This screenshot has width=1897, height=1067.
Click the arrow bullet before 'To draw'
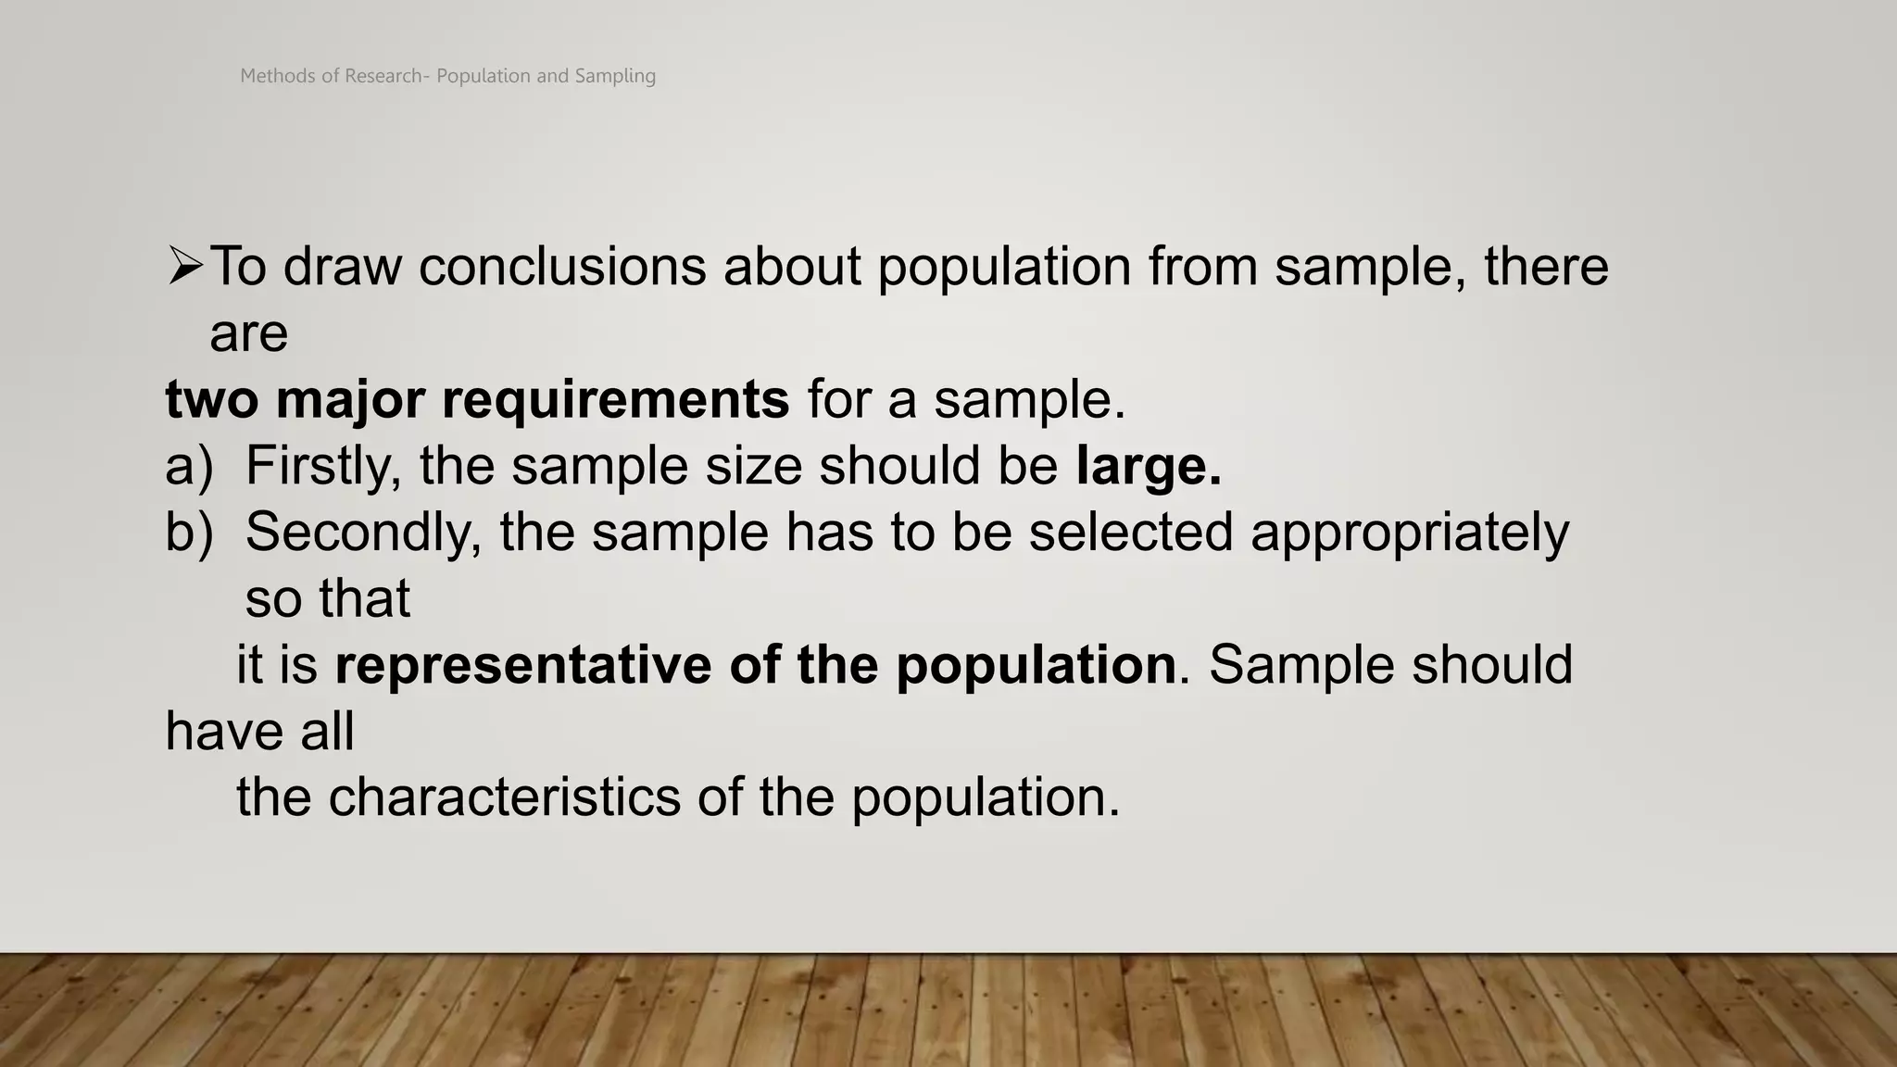point(185,268)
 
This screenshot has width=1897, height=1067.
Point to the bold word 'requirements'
point(615,400)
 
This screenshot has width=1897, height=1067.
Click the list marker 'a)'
point(189,466)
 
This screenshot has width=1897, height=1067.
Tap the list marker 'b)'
point(189,533)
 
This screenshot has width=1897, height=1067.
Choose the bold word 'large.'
point(1149,466)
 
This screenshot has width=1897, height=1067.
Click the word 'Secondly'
point(364,533)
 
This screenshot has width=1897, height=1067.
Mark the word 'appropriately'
point(1409,533)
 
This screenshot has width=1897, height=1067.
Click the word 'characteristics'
point(504,797)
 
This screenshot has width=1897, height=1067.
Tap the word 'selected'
point(1130,533)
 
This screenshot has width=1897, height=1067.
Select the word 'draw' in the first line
point(342,267)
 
